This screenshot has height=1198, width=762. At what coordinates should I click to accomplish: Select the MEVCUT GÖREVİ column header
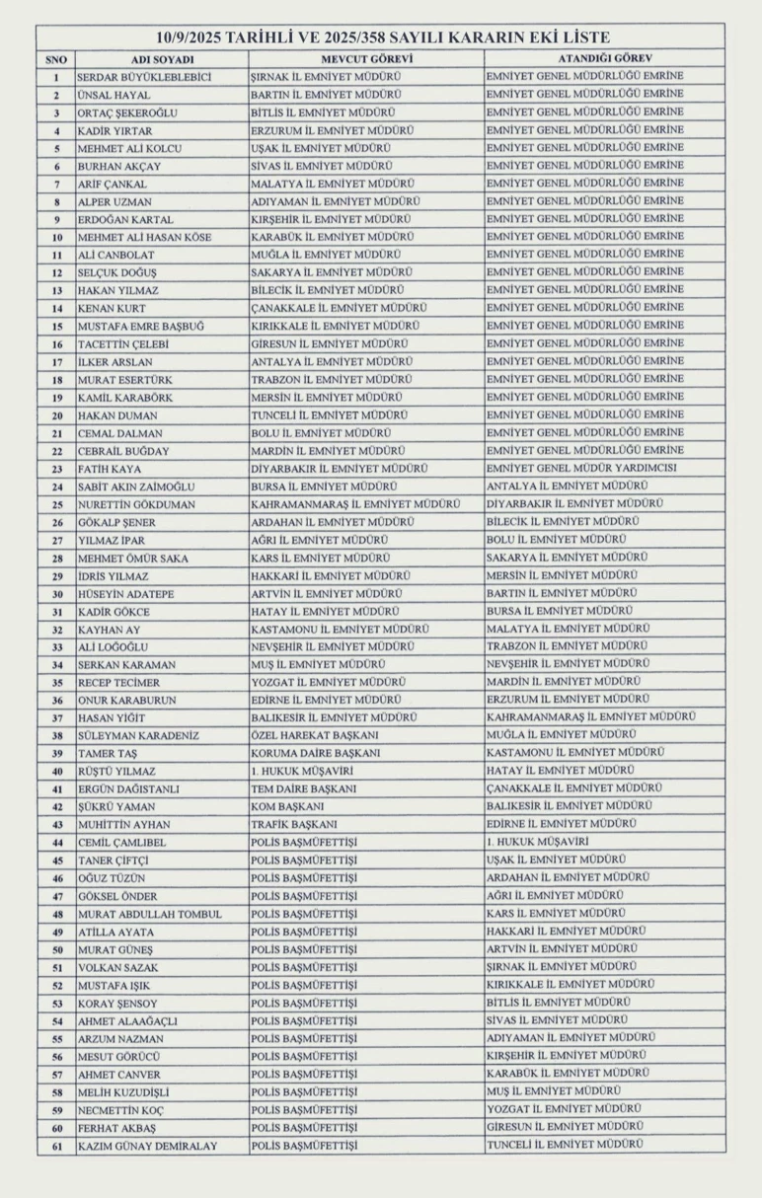click(x=366, y=59)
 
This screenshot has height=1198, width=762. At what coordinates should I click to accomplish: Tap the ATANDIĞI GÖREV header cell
click(x=603, y=59)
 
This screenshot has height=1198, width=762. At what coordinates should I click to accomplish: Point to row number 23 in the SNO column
click(x=57, y=469)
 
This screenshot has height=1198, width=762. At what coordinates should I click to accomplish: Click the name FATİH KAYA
click(x=112, y=469)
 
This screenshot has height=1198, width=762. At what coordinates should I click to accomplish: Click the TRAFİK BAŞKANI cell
click(x=295, y=824)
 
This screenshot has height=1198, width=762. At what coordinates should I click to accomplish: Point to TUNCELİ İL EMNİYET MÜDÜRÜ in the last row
click(x=565, y=1145)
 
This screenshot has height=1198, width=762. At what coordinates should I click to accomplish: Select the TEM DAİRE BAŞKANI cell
click(x=303, y=788)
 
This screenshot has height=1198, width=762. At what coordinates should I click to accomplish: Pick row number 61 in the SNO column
click(x=57, y=1146)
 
